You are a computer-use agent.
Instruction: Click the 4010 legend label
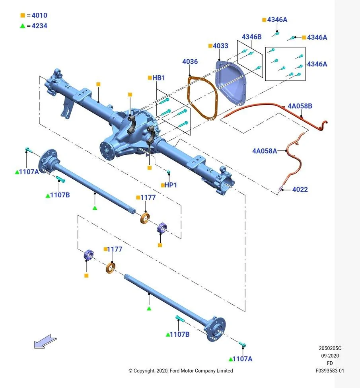39,16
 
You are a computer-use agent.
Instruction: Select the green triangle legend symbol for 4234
23,26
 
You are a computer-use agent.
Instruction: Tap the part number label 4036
190,62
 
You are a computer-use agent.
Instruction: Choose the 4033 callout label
220,46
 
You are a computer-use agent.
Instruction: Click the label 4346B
251,37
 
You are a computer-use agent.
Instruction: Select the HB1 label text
159,78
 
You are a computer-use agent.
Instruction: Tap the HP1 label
171,185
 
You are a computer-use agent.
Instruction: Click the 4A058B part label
300,106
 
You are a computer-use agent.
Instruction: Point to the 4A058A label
265,151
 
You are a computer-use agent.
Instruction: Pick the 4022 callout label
300,189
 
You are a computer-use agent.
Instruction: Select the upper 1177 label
148,197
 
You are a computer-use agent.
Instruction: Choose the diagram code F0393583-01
330,370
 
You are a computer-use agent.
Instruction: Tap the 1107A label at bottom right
242,359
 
